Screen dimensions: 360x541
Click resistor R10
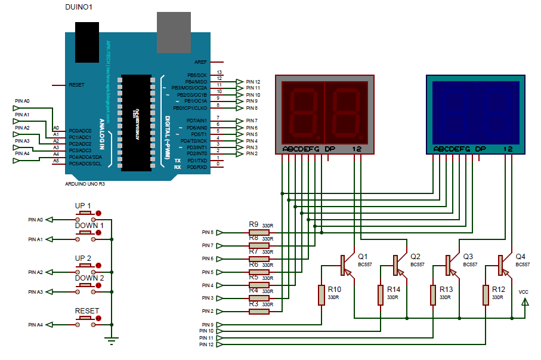pos(321,295)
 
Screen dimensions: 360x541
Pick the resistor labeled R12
pos(486,295)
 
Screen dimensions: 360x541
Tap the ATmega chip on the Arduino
pos(136,122)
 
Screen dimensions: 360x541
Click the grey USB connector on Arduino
pos(174,32)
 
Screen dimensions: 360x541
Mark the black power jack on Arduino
pos(87,41)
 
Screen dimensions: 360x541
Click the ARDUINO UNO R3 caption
pos(85,184)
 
